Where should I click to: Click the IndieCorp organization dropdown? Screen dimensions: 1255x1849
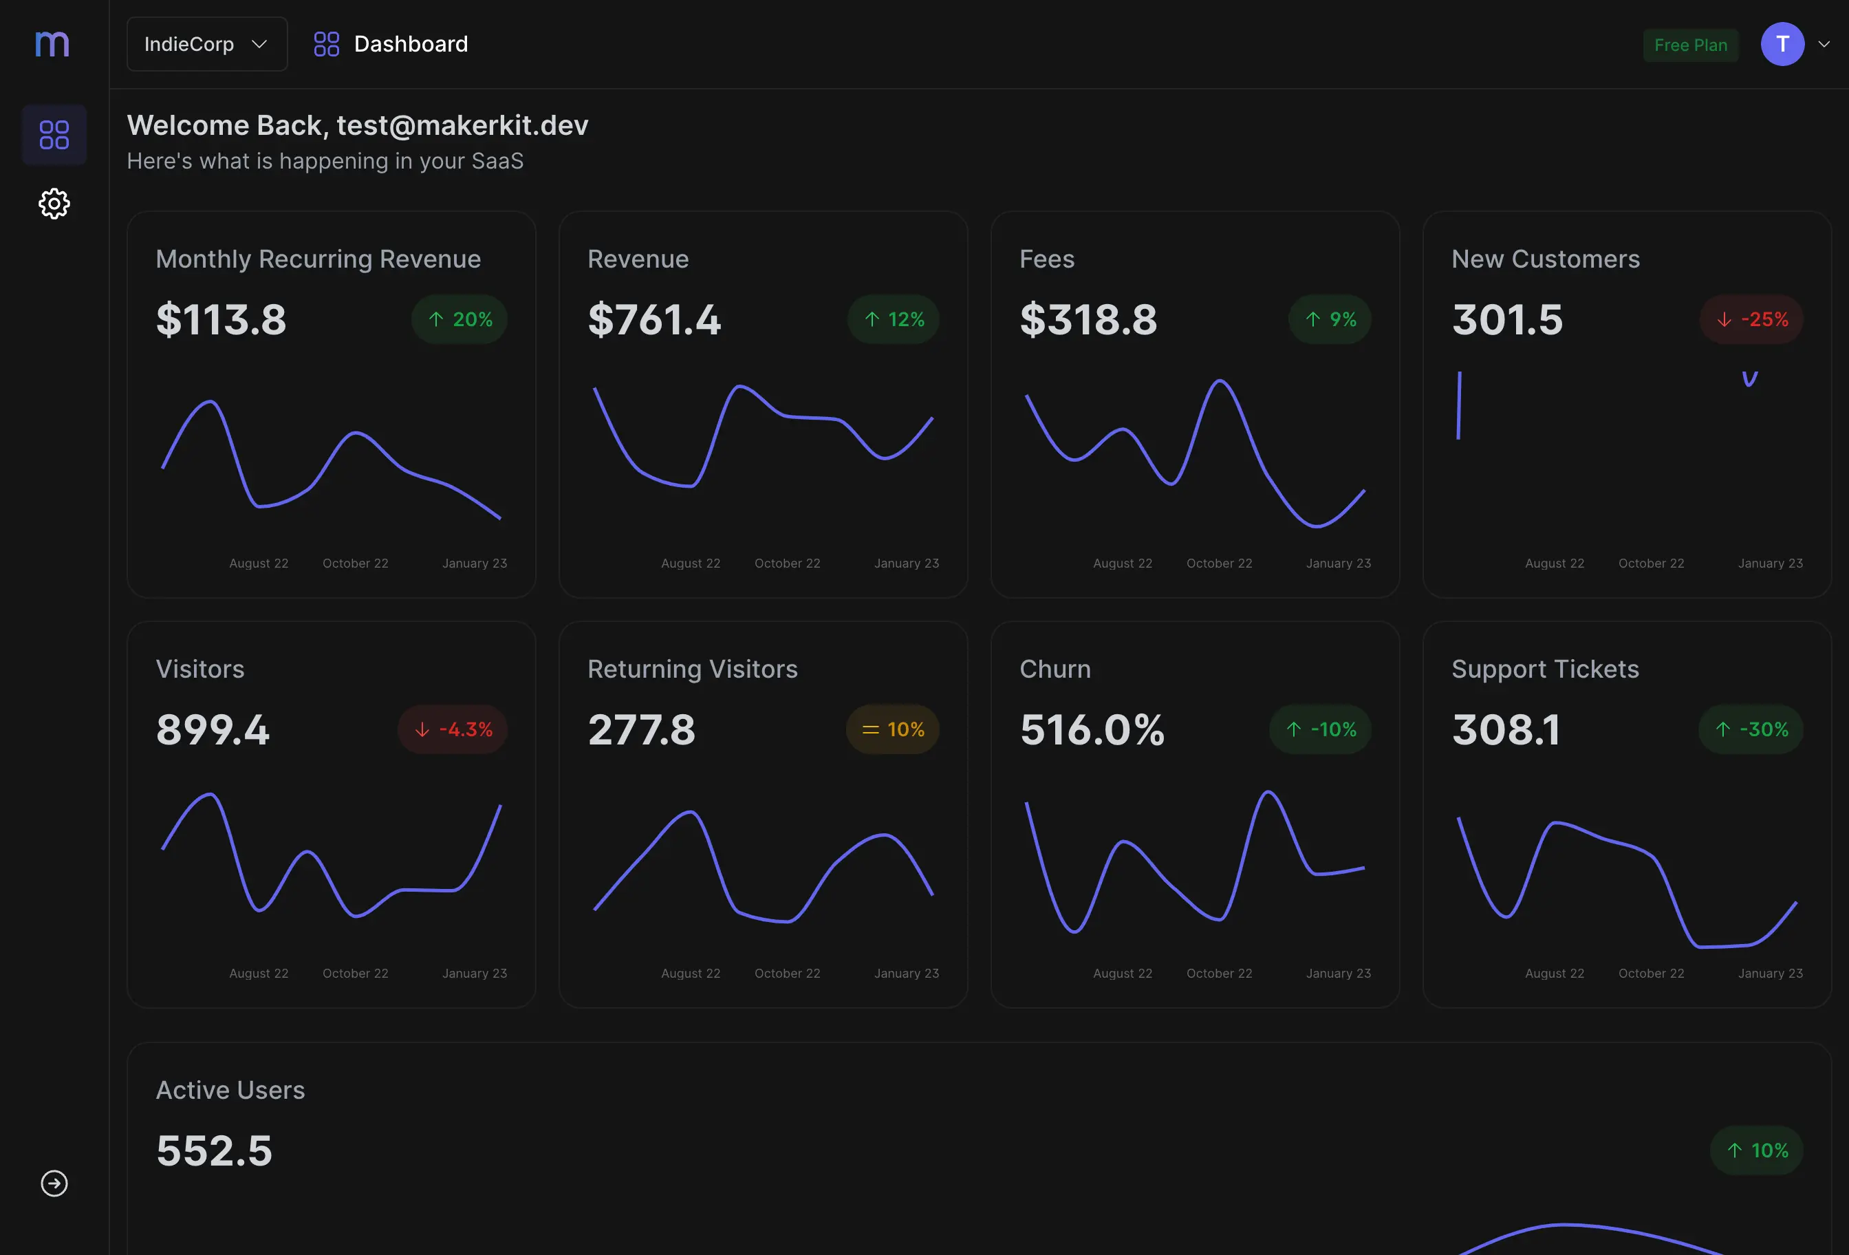[x=206, y=44]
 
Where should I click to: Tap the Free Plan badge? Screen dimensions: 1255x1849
[x=1690, y=45]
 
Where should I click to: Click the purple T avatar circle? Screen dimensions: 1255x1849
[x=1782, y=44]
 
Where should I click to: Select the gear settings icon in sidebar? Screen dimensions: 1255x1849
[x=54, y=204]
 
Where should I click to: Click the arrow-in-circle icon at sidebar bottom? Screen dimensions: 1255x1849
[x=54, y=1183]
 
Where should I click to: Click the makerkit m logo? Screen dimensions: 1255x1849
[x=52, y=44]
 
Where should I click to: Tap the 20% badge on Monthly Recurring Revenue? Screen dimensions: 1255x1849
[x=460, y=319]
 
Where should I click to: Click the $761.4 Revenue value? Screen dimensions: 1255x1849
[x=654, y=319]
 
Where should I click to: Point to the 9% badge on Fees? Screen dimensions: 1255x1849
[x=1330, y=319]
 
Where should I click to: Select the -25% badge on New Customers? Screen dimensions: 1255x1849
[x=1751, y=319]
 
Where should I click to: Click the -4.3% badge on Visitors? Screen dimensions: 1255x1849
[x=453, y=729]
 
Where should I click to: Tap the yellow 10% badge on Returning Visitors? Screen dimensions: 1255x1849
[x=893, y=729]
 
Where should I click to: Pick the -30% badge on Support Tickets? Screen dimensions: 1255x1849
[x=1751, y=729]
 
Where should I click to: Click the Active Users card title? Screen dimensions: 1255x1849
[x=230, y=1089]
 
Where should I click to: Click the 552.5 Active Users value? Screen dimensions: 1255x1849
[x=214, y=1150]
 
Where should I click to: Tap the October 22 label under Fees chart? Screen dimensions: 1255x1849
[x=1219, y=564]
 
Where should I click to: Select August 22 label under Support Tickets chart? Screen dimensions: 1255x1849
[x=1554, y=974]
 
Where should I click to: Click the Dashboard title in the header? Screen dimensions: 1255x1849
[x=411, y=44]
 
